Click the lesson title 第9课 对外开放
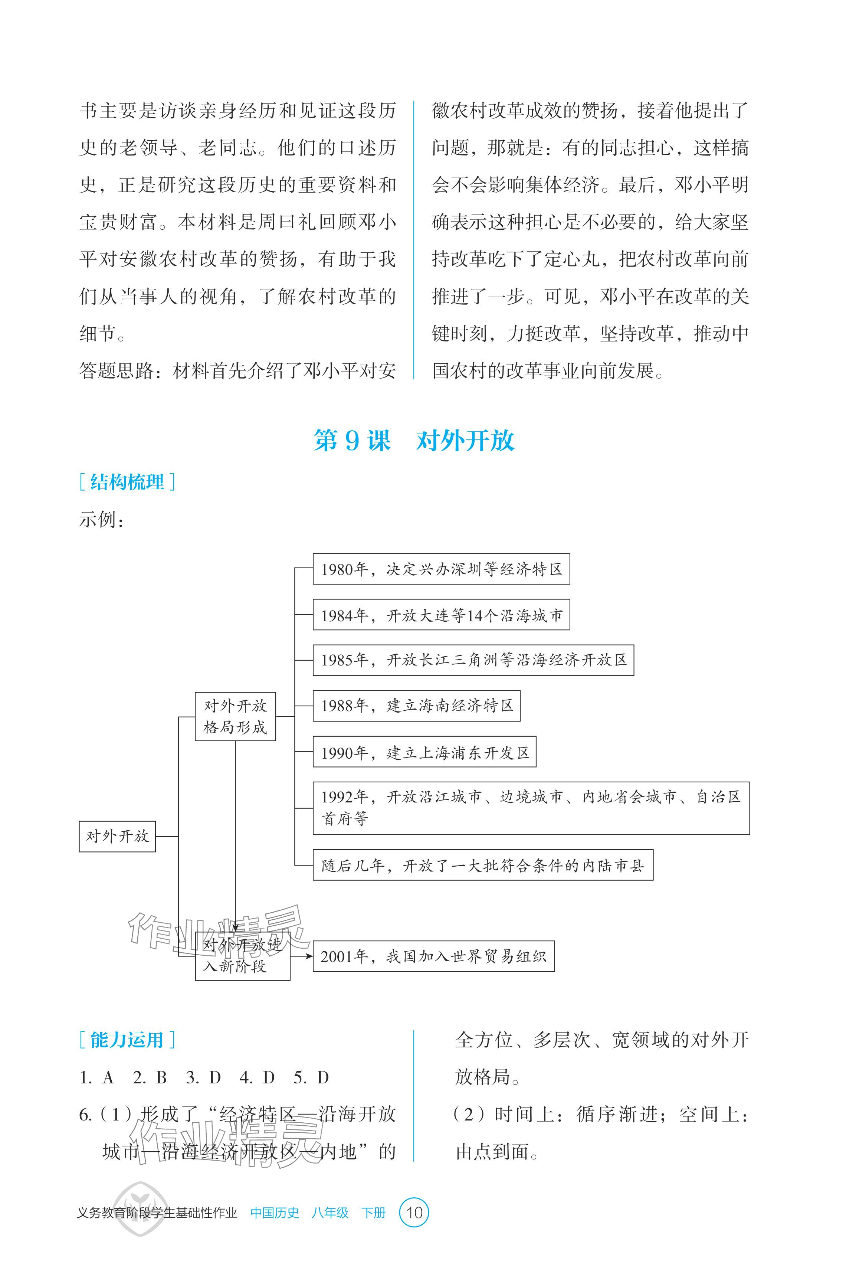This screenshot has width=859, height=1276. click(x=414, y=441)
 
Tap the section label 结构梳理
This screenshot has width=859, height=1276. click(x=127, y=482)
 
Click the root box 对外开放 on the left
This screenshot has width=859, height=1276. click(x=117, y=836)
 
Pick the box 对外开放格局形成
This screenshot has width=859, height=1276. click(x=235, y=716)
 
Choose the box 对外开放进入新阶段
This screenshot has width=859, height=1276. click(x=242, y=956)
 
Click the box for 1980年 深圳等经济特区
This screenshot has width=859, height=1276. click(x=441, y=569)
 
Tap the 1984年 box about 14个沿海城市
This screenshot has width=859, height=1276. click(x=441, y=615)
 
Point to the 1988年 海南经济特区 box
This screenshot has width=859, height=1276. click(x=416, y=706)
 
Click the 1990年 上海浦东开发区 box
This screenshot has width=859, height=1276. click(x=424, y=752)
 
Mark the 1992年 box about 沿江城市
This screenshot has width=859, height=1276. click(x=531, y=808)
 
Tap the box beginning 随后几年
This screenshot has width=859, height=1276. click(x=483, y=865)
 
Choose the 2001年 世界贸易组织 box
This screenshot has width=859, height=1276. click(x=433, y=956)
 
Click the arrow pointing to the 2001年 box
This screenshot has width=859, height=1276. click(x=302, y=956)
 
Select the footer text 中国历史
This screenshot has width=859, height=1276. click(x=275, y=1213)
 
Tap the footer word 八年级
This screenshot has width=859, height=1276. click(x=330, y=1213)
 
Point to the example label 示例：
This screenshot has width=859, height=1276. click(x=102, y=519)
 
